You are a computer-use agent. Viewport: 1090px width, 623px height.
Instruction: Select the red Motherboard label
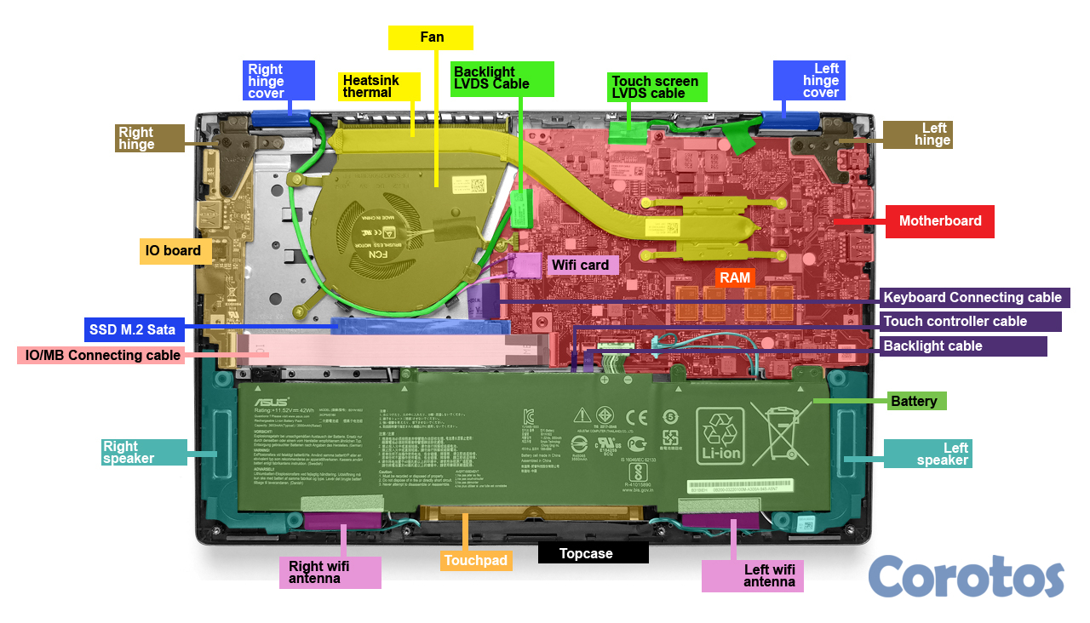click(940, 221)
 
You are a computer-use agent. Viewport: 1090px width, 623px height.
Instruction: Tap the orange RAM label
click(734, 277)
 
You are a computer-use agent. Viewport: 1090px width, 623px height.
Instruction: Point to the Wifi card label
click(580, 266)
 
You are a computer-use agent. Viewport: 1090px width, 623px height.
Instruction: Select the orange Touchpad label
click(475, 561)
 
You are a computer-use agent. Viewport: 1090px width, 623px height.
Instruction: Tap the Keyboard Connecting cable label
click(972, 298)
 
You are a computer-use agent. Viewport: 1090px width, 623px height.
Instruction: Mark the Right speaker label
click(141, 452)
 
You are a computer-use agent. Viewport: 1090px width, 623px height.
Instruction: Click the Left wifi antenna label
click(752, 575)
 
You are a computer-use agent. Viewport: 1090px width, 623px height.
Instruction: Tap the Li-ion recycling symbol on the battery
click(720, 436)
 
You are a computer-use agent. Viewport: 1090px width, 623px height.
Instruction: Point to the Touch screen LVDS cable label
click(654, 87)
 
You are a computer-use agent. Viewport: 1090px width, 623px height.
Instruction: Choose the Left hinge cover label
click(809, 80)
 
